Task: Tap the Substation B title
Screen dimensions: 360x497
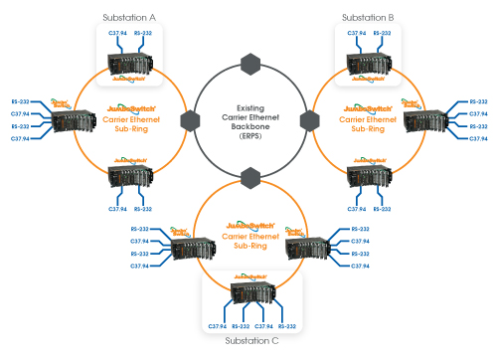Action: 368,18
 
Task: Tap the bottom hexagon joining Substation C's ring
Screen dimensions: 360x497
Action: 249,177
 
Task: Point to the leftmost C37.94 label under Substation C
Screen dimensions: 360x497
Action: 216,326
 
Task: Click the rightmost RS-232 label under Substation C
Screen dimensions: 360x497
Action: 287,326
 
